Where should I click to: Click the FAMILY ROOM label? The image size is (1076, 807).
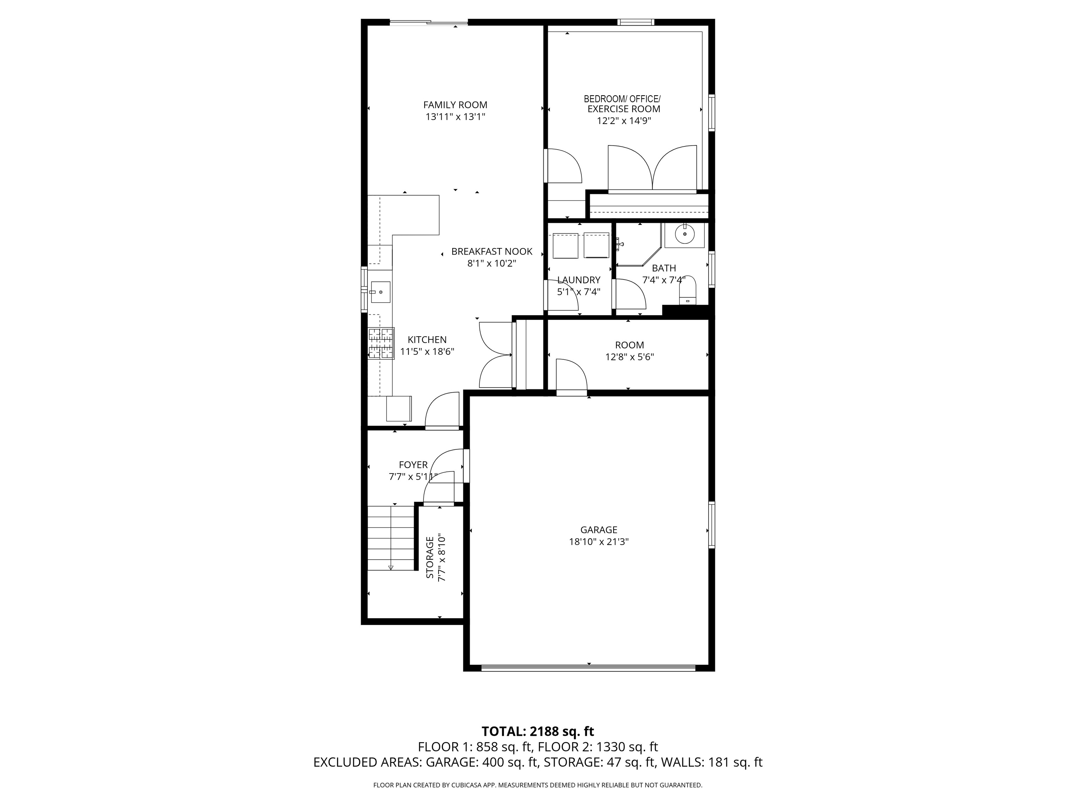455,105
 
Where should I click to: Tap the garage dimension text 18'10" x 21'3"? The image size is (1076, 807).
599,542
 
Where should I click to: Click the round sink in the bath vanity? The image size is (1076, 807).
685,234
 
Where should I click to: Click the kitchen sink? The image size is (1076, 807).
380,292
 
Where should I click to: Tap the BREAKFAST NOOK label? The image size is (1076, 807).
491,251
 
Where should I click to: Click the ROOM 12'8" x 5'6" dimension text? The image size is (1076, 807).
629,357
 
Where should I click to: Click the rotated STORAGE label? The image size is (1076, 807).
430,558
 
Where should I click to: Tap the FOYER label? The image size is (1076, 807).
413,465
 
